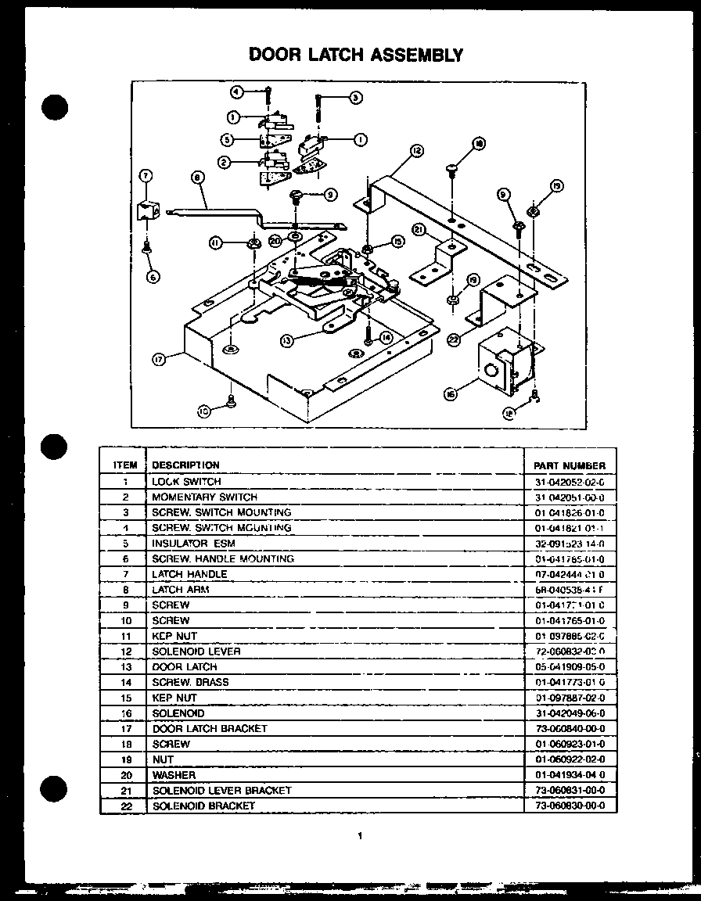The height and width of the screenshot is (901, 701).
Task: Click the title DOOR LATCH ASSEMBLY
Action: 356,55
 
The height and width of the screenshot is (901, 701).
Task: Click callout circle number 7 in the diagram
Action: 146,175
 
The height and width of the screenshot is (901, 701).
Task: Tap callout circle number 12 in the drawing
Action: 416,149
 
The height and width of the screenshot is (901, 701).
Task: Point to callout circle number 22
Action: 454,339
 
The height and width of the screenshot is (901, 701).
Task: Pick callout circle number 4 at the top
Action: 237,92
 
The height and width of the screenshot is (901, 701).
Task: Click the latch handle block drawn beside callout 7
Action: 146,211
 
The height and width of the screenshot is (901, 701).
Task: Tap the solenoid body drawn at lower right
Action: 505,364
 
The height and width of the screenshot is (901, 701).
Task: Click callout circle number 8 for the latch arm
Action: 196,178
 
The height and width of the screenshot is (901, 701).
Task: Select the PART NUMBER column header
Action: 569,465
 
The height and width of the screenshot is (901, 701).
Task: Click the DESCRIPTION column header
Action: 185,465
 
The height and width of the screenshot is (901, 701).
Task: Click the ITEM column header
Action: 125,465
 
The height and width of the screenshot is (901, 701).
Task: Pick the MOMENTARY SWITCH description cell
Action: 204,497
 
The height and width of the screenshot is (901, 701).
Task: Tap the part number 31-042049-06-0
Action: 569,713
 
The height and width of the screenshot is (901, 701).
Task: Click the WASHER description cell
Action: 174,775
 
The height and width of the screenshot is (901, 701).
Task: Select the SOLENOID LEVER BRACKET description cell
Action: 221,791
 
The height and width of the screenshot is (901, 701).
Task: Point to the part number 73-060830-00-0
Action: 569,806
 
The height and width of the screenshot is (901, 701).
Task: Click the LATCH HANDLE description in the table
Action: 189,574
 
